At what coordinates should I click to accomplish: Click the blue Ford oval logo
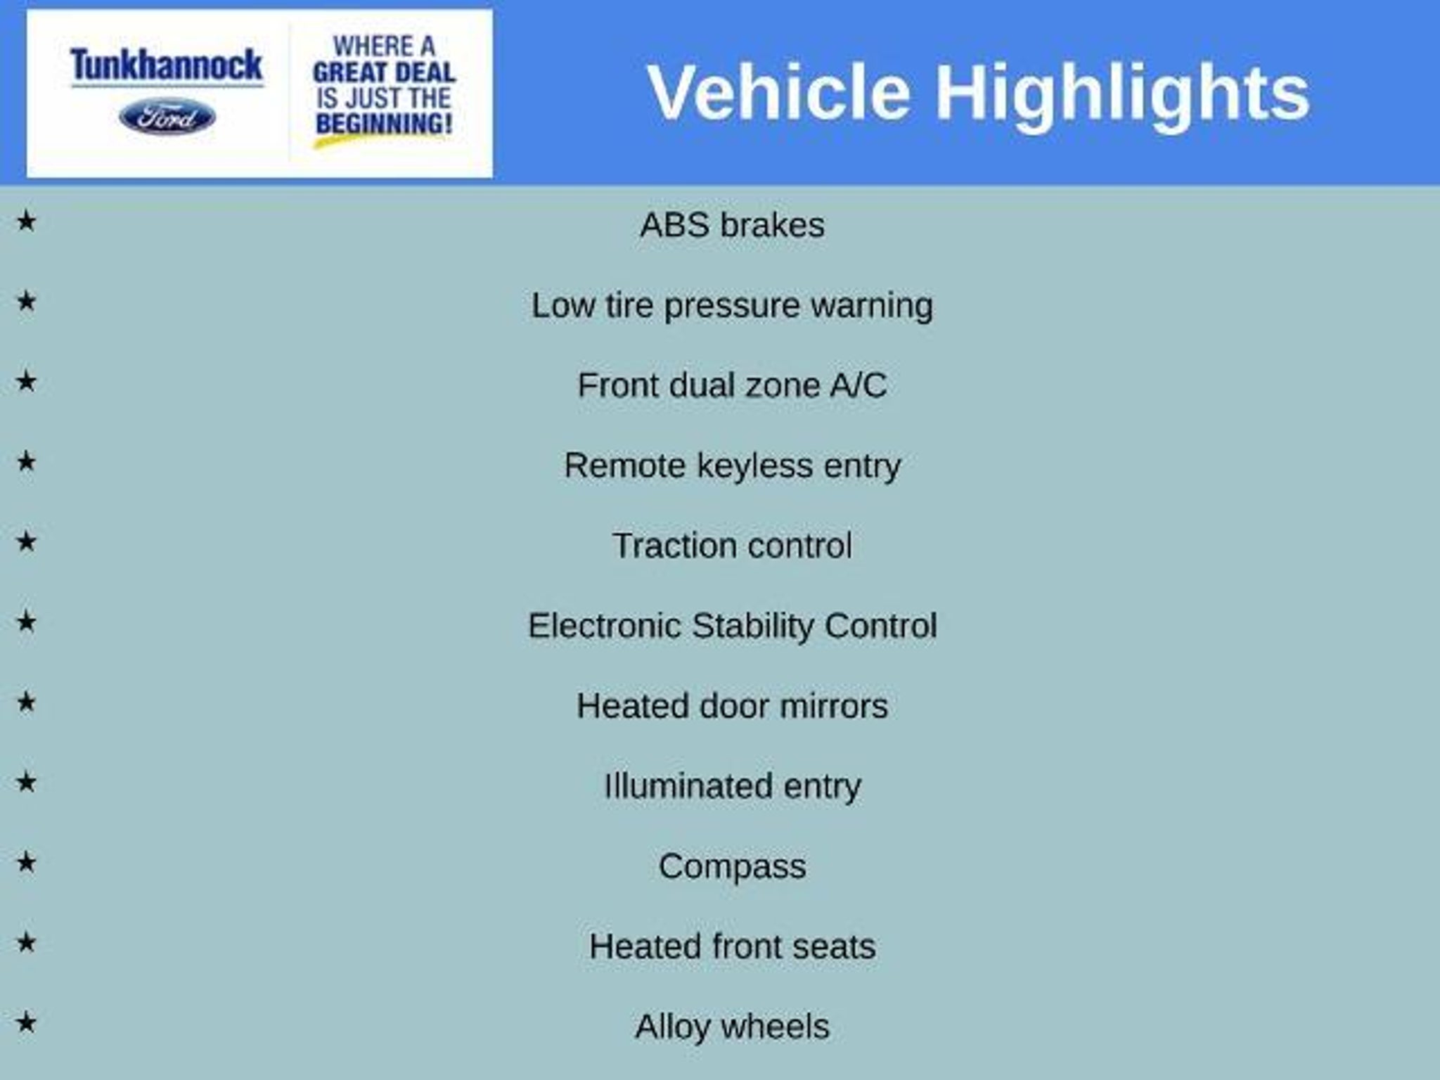pos(167,117)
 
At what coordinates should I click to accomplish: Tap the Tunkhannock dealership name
pos(167,65)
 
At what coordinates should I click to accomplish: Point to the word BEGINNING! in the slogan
pos(384,124)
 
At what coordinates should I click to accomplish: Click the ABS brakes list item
pos(732,226)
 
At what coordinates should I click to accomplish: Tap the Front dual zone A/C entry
pos(732,385)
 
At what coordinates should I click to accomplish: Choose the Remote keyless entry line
pos(732,466)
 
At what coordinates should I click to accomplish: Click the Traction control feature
pos(732,546)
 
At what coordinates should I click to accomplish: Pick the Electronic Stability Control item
pos(732,626)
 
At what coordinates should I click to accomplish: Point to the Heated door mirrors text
pos(732,706)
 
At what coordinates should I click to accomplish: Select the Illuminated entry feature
pos(732,787)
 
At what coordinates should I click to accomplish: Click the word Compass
pos(732,867)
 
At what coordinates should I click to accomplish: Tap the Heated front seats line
pos(732,946)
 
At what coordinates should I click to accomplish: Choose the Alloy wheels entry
pos(732,1027)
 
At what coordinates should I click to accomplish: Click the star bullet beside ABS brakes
pos(26,221)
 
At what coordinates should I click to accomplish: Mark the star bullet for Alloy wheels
pos(26,1022)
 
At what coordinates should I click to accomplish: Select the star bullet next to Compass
pos(26,862)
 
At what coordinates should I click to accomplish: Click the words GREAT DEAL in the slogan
pos(384,72)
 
